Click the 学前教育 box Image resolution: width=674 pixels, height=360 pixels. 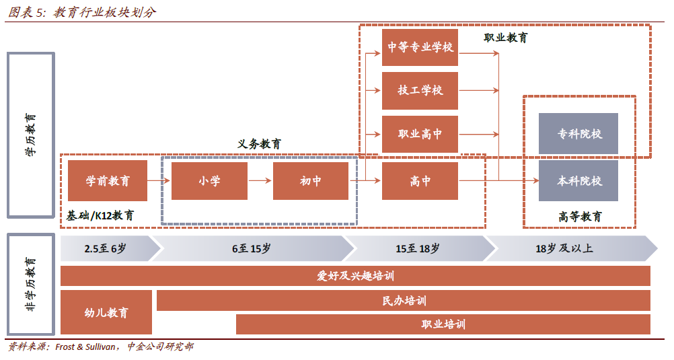[x=108, y=180]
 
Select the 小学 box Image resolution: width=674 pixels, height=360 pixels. [x=209, y=180]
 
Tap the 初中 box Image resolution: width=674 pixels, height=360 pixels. [x=310, y=180]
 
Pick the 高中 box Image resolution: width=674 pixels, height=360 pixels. [x=420, y=180]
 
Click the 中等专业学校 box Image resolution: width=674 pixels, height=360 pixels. [x=420, y=47]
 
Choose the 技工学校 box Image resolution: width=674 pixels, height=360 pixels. [x=420, y=90]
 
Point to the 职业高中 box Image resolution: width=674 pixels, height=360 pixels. [x=420, y=134]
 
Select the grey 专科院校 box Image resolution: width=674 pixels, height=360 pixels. [x=578, y=134]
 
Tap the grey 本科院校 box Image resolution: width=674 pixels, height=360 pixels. [x=578, y=180]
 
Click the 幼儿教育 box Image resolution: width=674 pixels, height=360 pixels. [x=106, y=312]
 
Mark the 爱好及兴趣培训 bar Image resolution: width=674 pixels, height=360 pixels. [x=355, y=276]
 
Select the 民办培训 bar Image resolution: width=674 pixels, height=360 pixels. [x=404, y=300]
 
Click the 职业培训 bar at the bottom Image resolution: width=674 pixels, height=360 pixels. [x=443, y=324]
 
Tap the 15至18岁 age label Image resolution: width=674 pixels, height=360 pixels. [x=417, y=248]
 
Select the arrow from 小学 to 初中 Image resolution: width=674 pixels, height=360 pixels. [x=260, y=180]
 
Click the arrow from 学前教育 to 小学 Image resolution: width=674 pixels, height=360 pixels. [x=159, y=180]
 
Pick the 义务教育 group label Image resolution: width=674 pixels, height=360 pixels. [x=259, y=144]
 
